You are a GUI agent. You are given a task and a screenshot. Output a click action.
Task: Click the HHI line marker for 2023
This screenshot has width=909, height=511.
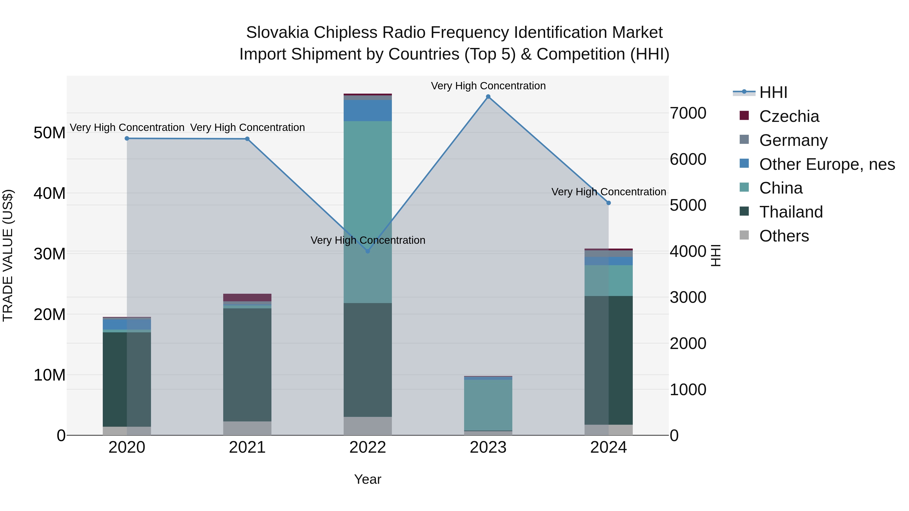488,97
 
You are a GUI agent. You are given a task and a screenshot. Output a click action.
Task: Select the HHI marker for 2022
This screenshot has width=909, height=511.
368,251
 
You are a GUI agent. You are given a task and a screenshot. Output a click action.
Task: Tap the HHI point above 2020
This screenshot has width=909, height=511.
127,139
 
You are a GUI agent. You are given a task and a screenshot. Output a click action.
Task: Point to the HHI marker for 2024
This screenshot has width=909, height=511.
608,203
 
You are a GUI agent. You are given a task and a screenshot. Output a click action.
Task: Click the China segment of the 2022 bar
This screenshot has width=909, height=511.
368,212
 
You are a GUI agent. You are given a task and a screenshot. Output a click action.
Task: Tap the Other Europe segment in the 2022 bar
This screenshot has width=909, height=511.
368,110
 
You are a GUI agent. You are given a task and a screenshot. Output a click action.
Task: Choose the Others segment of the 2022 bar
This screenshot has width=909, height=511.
368,426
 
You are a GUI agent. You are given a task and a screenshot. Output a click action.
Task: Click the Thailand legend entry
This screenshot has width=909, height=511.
791,212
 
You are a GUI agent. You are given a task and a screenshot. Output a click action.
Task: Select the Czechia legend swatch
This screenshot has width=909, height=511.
744,116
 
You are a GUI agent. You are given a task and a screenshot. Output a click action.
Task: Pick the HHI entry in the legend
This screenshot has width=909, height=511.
773,92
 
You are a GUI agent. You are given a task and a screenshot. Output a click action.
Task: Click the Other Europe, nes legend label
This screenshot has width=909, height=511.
827,164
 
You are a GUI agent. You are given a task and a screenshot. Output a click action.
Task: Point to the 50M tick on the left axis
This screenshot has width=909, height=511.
49,133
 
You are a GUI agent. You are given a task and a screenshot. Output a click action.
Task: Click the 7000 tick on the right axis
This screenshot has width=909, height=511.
688,113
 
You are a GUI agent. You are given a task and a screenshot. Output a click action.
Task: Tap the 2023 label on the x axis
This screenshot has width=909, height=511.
488,447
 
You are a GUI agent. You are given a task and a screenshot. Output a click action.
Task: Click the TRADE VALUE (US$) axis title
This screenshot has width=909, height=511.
8,255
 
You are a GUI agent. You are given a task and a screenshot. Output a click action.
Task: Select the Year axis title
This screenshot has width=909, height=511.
368,479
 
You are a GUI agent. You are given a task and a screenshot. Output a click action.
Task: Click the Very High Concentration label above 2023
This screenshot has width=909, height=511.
488,86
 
